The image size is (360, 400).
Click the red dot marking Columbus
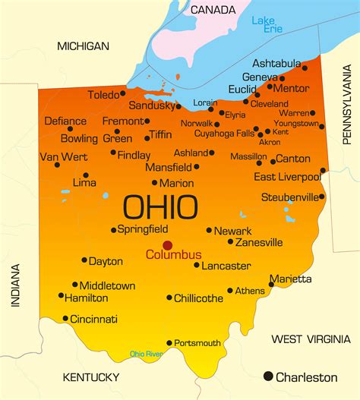[x=167, y=245]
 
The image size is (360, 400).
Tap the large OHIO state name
[x=160, y=207]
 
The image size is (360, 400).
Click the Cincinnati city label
[x=93, y=319]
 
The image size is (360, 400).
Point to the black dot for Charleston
[x=267, y=376]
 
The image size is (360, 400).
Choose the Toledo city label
[x=103, y=95]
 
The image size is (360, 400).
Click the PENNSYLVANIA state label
[x=347, y=115]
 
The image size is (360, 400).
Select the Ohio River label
[x=146, y=354]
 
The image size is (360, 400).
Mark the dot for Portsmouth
[x=169, y=343]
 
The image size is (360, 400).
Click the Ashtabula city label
[x=277, y=65]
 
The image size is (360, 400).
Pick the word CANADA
[x=213, y=10]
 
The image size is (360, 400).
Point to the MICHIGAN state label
[x=84, y=46]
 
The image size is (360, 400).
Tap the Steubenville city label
[x=289, y=197]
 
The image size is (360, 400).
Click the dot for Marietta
[x=271, y=285]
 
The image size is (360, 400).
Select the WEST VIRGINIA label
[x=311, y=339]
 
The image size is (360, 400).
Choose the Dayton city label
[x=106, y=261]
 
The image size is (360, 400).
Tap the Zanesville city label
[x=259, y=242]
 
